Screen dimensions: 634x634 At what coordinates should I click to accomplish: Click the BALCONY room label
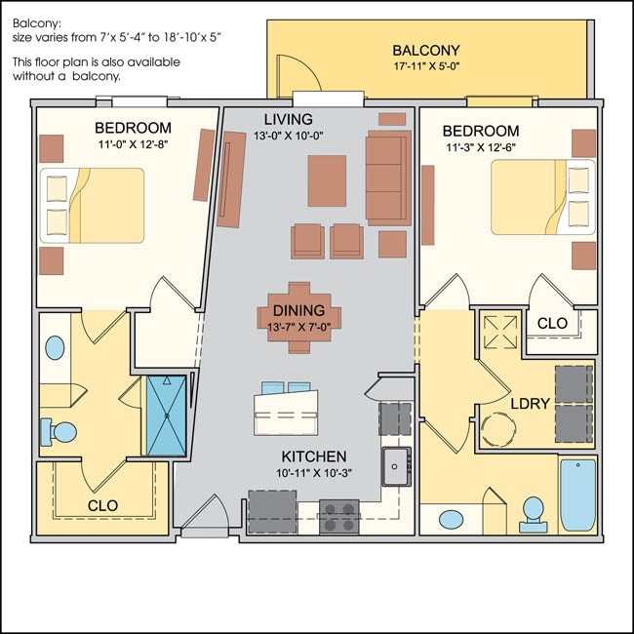tap(425, 50)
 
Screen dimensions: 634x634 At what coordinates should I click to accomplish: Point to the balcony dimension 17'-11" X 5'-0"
tap(425, 67)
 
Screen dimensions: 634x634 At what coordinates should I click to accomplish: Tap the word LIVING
tap(288, 119)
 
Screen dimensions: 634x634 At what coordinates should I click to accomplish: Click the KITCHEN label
tap(314, 456)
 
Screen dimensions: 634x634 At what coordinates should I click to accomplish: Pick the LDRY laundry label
tap(531, 402)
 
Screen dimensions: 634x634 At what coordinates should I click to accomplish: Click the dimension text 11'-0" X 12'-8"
tap(133, 145)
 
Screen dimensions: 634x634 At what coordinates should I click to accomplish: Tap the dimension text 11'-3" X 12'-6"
tap(480, 148)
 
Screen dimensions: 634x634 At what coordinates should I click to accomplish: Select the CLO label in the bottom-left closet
tap(102, 505)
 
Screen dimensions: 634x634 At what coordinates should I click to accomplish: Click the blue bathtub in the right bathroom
tap(577, 495)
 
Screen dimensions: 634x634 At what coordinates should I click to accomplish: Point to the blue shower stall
tap(166, 416)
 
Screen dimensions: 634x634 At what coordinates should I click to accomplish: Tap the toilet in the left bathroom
tap(60, 431)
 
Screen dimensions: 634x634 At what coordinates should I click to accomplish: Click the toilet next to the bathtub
tap(533, 513)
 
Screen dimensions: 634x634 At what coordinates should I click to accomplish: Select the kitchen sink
tap(395, 466)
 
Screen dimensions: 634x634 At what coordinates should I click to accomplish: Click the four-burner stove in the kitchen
tap(338, 515)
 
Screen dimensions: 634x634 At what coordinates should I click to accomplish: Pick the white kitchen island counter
tap(286, 413)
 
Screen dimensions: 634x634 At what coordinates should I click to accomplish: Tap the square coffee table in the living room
tap(327, 179)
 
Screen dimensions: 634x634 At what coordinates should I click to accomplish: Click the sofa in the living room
tap(387, 178)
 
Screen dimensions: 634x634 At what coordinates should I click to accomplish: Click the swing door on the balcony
tap(289, 75)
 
